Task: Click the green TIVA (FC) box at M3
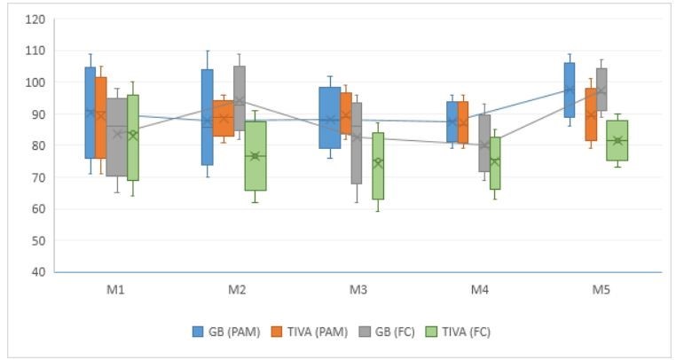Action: coord(378,166)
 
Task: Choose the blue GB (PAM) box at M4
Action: coord(452,121)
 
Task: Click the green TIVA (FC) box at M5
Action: coord(617,140)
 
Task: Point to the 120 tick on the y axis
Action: coord(35,19)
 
